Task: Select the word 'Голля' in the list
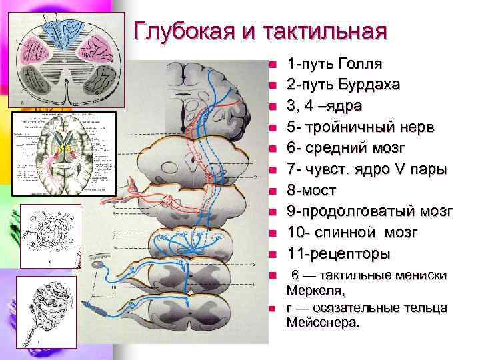(x=360, y=64)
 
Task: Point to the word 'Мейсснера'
(x=323, y=323)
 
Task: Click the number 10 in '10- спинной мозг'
(x=295, y=233)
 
